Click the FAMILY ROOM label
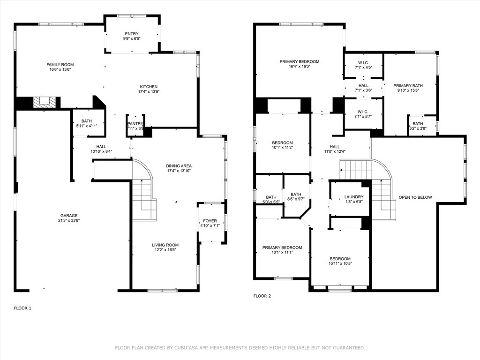(x=60, y=65)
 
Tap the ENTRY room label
(x=131, y=34)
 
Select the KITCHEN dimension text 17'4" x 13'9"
(x=148, y=92)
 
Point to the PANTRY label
(x=135, y=124)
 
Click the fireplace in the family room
(x=45, y=102)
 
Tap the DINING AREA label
(x=179, y=166)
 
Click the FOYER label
(x=210, y=221)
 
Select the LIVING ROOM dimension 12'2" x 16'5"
(x=165, y=250)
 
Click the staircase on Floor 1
(x=143, y=197)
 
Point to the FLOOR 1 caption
(x=22, y=308)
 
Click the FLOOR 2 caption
(x=262, y=296)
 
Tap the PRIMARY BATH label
(x=408, y=86)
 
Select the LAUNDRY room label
(x=354, y=197)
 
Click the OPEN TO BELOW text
(x=415, y=197)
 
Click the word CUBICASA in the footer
(x=185, y=348)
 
